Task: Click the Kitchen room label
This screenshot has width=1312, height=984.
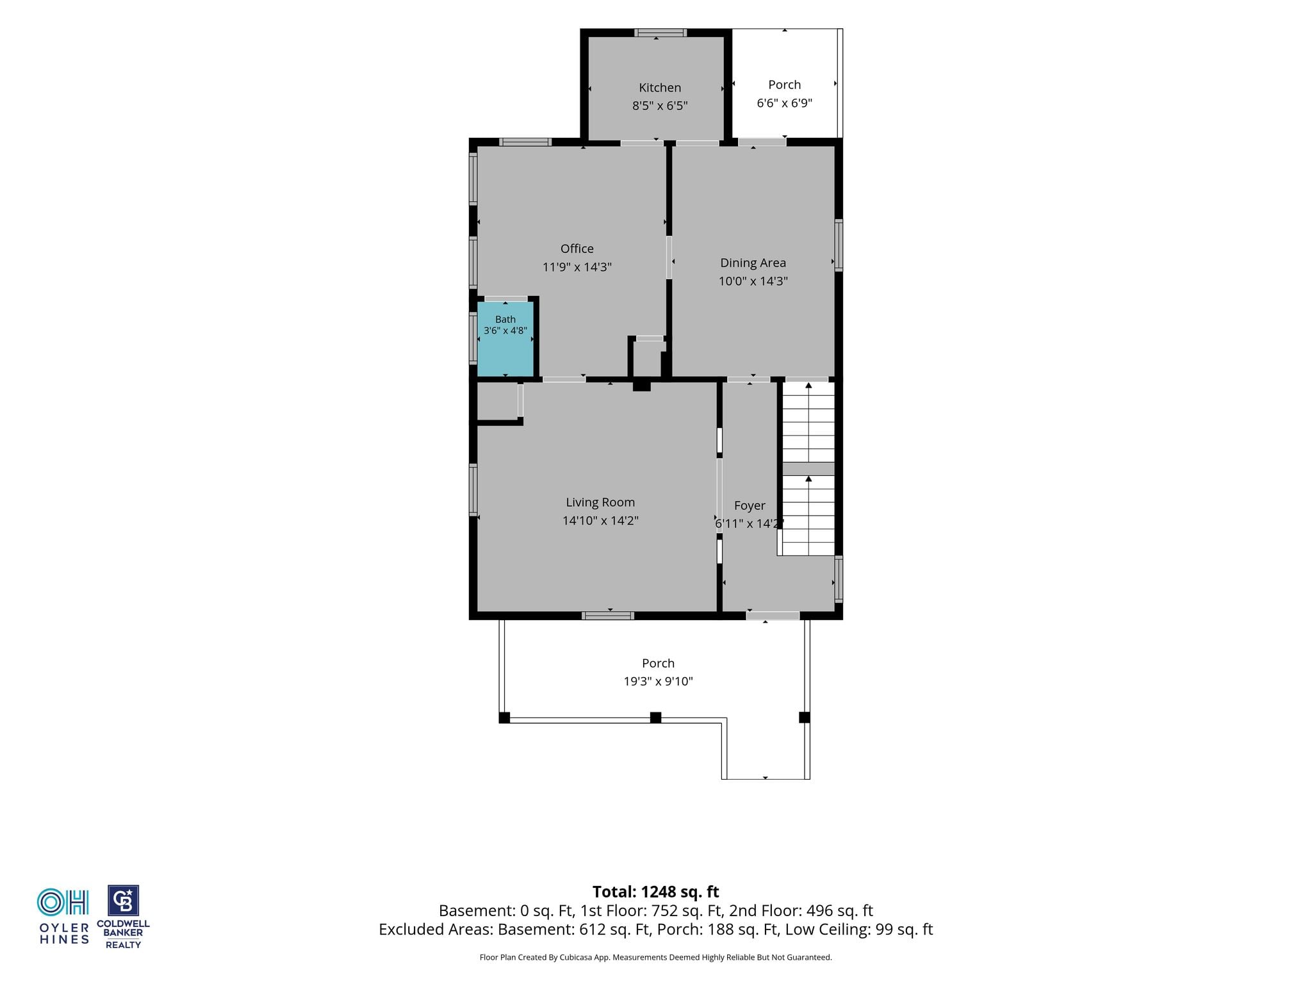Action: point(660,88)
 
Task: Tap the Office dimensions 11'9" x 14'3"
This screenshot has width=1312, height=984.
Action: point(577,267)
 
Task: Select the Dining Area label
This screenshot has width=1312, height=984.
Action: point(753,263)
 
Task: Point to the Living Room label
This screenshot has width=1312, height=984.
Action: point(600,503)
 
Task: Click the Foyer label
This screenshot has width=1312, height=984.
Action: point(750,505)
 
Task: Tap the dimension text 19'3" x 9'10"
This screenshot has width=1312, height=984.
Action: point(659,682)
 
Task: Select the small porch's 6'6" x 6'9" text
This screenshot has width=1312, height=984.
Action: point(785,103)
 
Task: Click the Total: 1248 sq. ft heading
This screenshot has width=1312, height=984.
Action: point(656,892)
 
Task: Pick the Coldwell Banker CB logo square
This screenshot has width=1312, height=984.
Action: point(123,901)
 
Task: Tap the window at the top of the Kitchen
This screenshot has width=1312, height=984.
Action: point(660,33)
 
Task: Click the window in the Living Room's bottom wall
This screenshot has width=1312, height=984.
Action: point(608,616)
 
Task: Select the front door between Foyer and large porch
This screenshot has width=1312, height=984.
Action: point(773,616)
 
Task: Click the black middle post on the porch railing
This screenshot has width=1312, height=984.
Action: point(655,717)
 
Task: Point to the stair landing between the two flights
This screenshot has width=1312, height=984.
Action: point(808,468)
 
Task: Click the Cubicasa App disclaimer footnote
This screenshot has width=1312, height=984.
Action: point(656,958)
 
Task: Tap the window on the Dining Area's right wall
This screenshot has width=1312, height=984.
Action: point(839,245)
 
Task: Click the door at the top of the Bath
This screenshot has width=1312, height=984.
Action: point(505,299)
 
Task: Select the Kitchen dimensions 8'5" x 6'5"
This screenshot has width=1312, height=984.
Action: point(660,106)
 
